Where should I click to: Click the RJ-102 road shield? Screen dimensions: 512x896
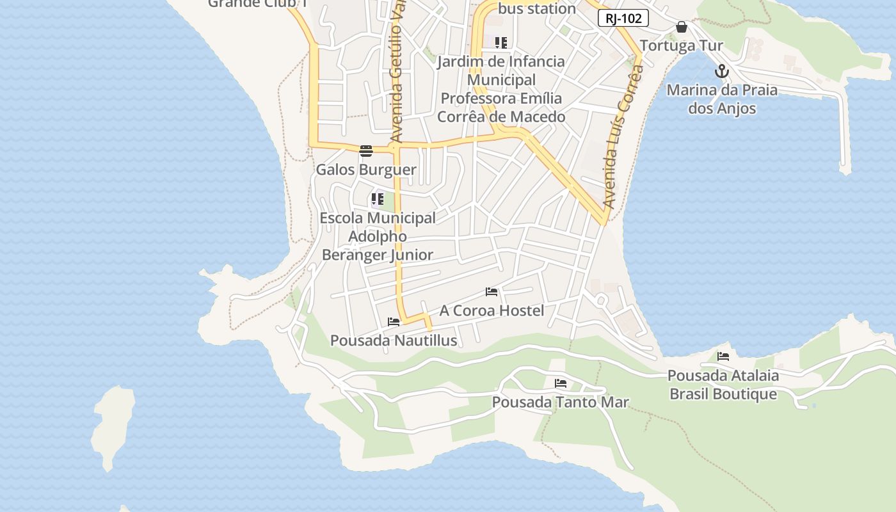(623, 18)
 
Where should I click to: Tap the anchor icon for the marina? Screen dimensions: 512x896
(722, 71)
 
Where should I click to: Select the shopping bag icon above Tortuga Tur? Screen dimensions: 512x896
(682, 27)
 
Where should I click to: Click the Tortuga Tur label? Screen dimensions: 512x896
(681, 45)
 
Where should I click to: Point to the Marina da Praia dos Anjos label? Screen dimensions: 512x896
(722, 99)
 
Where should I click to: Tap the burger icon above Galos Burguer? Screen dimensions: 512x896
(366, 151)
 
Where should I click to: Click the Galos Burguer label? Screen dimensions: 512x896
(366, 170)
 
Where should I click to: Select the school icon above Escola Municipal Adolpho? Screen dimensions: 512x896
(378, 199)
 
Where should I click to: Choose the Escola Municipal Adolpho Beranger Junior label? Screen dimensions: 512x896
(378, 236)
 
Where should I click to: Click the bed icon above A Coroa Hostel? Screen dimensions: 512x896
(492, 292)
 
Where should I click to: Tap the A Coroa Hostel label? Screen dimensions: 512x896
(492, 310)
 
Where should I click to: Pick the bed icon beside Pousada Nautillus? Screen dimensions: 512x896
(394, 321)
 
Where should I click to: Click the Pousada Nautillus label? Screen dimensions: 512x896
(394, 340)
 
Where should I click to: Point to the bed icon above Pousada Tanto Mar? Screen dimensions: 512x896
(561, 383)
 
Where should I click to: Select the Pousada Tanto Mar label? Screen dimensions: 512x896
(561, 402)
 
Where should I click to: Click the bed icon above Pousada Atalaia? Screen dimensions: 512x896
(723, 356)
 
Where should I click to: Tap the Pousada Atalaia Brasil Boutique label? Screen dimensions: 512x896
(723, 385)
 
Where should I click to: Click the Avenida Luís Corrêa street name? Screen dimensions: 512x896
(618, 138)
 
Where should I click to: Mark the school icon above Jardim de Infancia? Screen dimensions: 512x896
(501, 43)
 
